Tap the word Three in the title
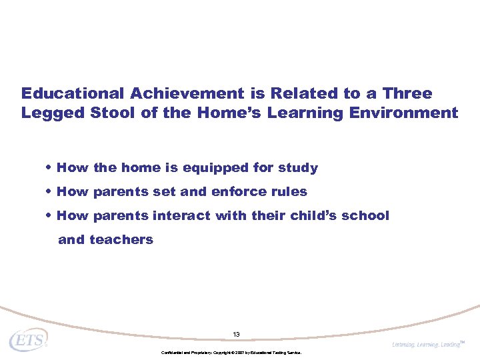click(x=407, y=93)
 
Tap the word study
click(x=297, y=168)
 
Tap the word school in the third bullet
click(x=366, y=216)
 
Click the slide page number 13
click(x=236, y=334)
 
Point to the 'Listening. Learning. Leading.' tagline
click(x=427, y=345)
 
